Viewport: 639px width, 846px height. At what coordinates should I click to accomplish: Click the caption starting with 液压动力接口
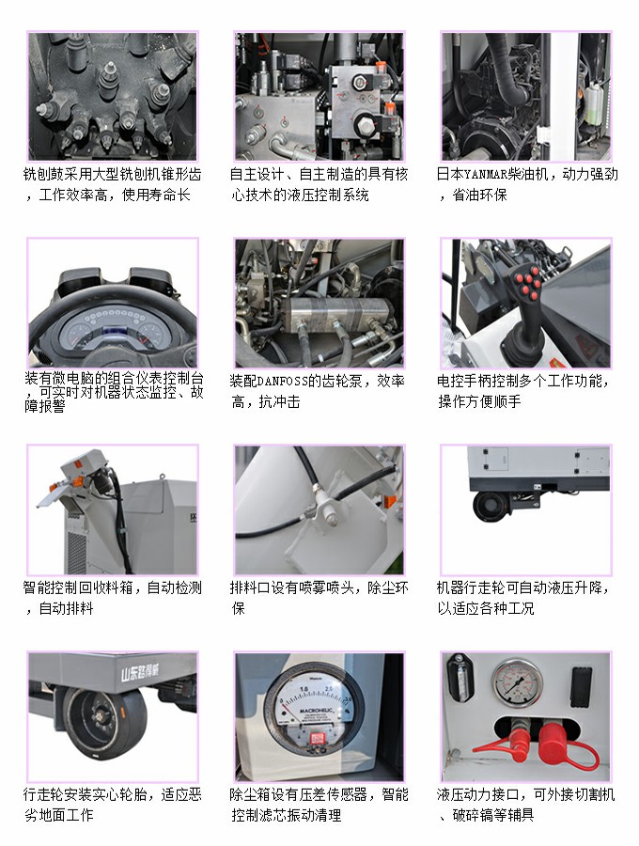(x=526, y=805)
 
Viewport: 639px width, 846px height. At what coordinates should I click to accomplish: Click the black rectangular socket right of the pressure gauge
(x=581, y=680)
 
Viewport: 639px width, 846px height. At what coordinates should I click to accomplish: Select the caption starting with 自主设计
(x=319, y=184)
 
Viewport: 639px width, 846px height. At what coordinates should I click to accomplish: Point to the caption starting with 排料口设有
(x=319, y=598)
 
